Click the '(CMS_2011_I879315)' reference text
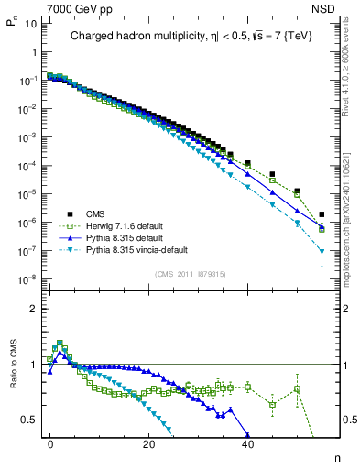tap(190, 274)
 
